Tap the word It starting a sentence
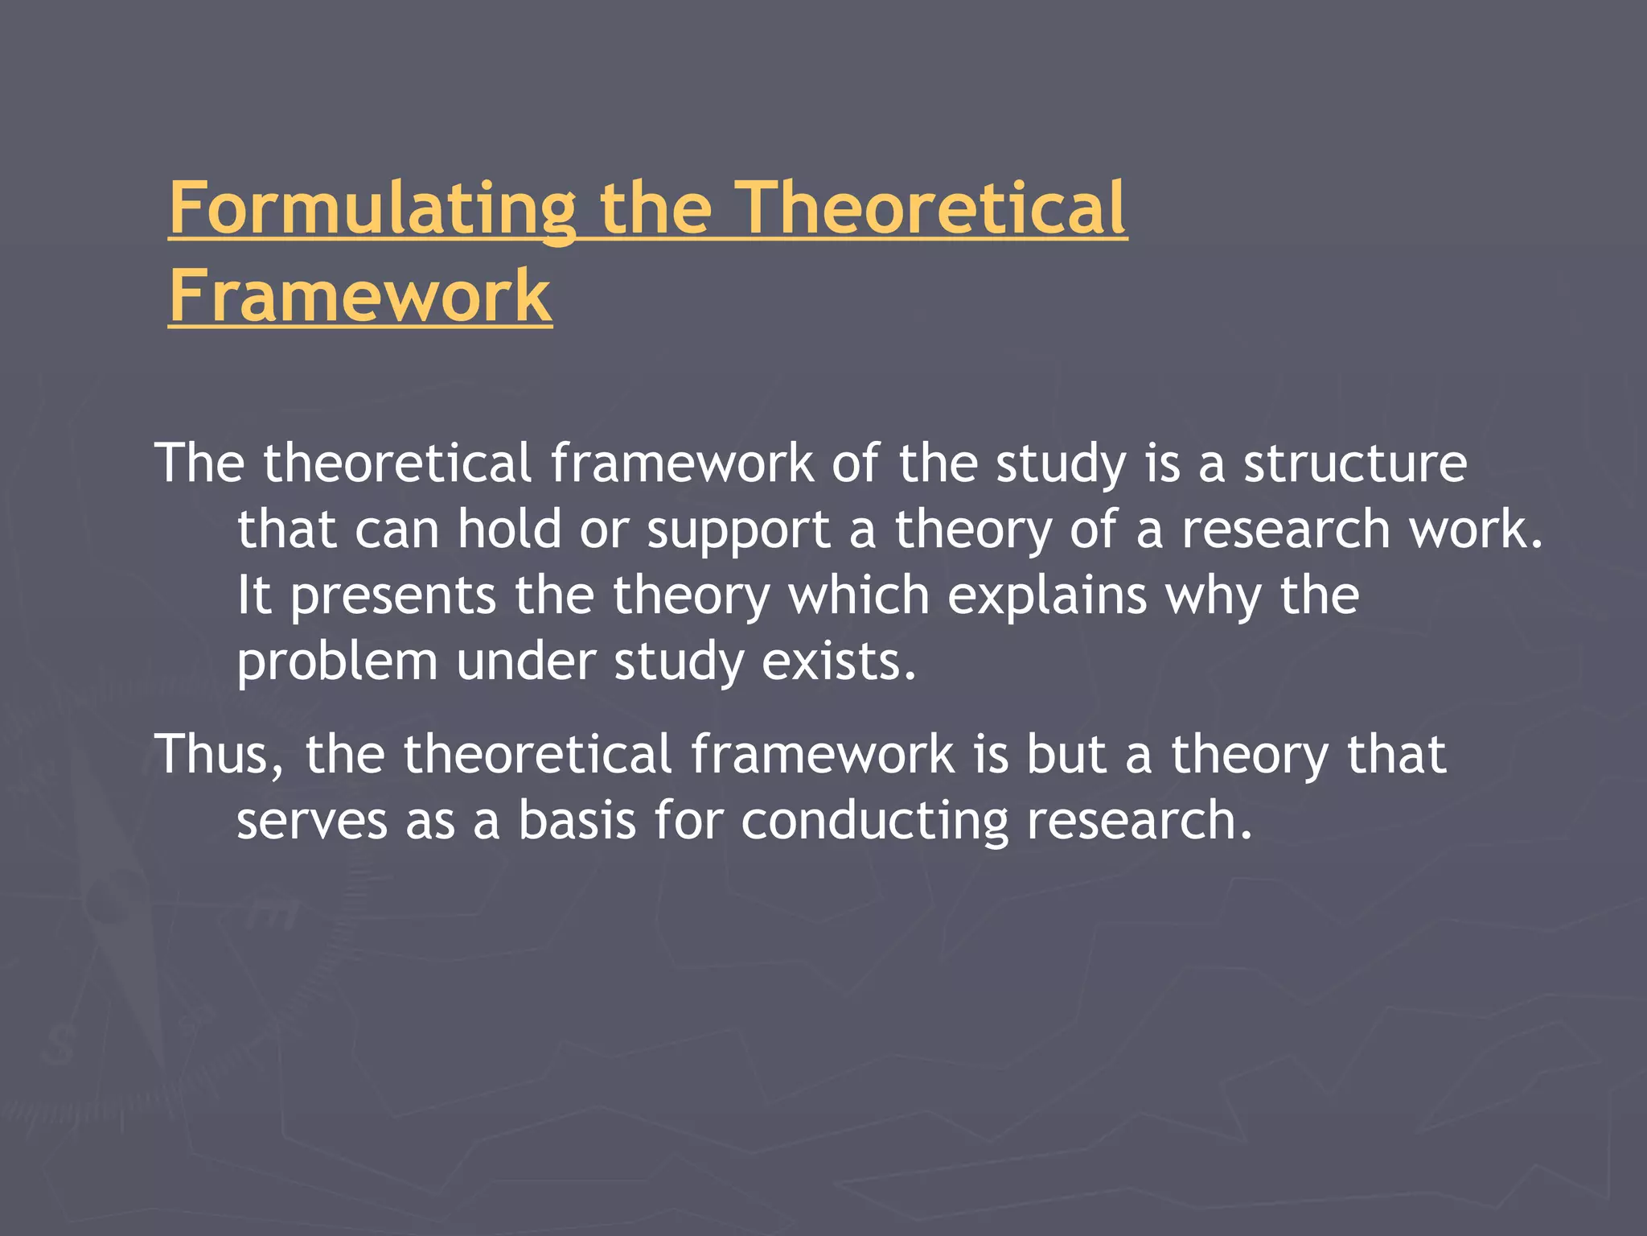click(x=253, y=596)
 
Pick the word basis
click(x=577, y=822)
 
